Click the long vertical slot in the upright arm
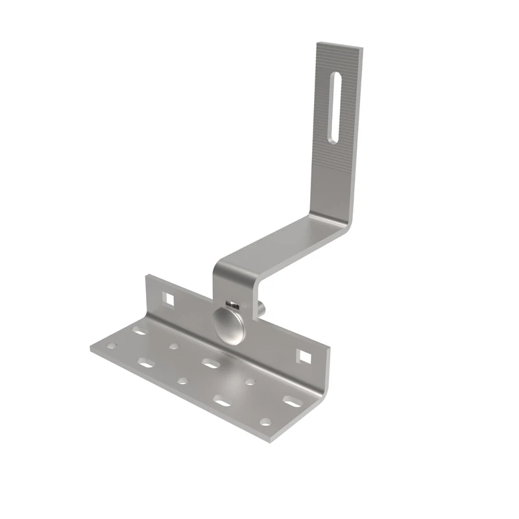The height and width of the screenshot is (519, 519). pyautogui.click(x=337, y=106)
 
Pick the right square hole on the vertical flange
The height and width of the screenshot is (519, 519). pyautogui.click(x=304, y=356)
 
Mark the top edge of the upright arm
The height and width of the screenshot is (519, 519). pyautogui.click(x=339, y=47)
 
